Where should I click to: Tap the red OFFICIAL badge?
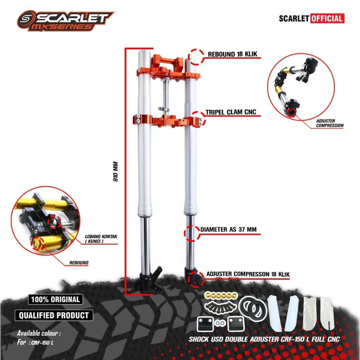327,18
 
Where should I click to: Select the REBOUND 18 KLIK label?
233,54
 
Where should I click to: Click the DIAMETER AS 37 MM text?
229,230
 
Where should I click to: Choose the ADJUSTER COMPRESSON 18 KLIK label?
248,274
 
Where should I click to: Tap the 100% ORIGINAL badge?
56,300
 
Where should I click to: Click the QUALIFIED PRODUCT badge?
54,315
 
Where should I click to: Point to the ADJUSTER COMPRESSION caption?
329,123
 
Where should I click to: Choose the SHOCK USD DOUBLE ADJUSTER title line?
264,339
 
